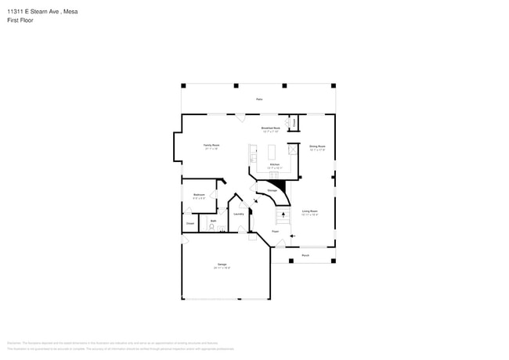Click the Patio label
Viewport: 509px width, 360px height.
(259, 99)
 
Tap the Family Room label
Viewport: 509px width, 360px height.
(211, 146)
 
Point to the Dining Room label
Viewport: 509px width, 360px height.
(317, 147)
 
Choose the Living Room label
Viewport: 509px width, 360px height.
(309, 212)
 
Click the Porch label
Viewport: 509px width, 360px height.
(305, 255)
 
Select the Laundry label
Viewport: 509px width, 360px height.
(239, 213)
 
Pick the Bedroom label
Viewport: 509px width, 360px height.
(199, 195)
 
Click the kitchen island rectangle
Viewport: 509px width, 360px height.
(273, 151)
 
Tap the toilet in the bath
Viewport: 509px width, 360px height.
(211, 228)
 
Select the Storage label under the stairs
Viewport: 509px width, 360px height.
(272, 190)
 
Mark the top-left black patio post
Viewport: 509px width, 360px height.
(183, 85)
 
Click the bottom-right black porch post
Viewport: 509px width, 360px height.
(333, 261)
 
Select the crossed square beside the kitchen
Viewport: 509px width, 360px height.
(293, 149)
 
